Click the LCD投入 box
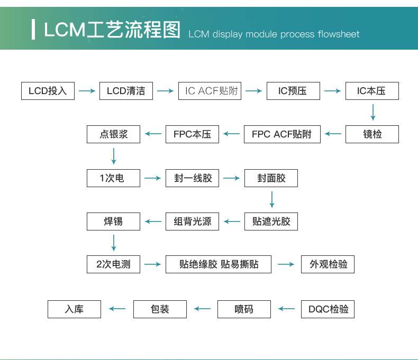(48, 91)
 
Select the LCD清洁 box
(126, 91)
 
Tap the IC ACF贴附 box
(210, 91)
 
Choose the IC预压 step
(293, 91)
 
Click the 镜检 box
(372, 134)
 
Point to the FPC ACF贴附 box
(282, 134)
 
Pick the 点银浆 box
(113, 134)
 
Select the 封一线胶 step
(192, 178)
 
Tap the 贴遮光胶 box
(271, 221)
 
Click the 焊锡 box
(113, 221)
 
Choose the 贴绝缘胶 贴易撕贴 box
(219, 264)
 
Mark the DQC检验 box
(328, 309)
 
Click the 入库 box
(75, 309)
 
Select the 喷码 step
(244, 309)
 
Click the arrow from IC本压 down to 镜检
(373, 113)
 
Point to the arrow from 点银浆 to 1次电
(114, 156)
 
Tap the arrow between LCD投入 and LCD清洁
(87, 91)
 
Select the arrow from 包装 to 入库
(117, 309)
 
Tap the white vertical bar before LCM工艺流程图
(33, 29)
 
